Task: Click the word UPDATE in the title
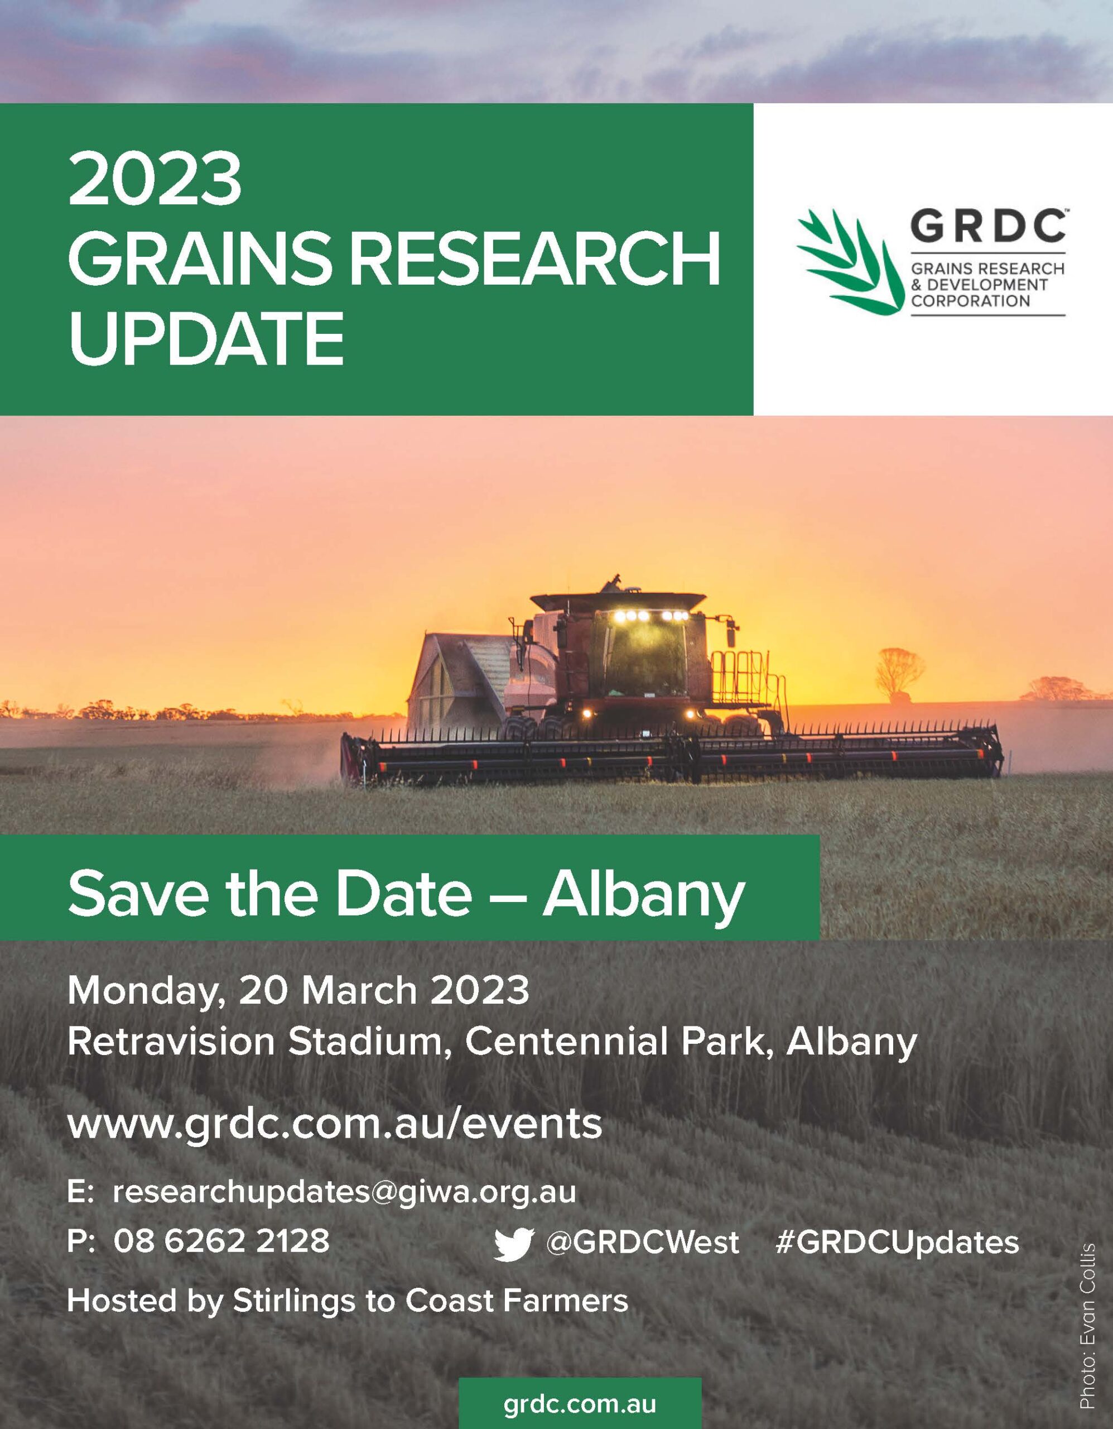tap(206, 339)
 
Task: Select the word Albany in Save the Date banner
tap(643, 894)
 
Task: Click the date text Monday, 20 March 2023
tap(298, 991)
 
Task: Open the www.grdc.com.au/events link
tap(334, 1124)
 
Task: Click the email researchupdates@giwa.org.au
tap(344, 1192)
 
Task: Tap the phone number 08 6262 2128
tap(221, 1240)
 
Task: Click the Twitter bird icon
tap(514, 1243)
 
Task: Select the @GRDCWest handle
tap(642, 1242)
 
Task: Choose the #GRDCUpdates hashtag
tap(897, 1242)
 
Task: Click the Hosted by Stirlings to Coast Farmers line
tap(347, 1301)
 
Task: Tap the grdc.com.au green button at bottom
tap(580, 1403)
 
